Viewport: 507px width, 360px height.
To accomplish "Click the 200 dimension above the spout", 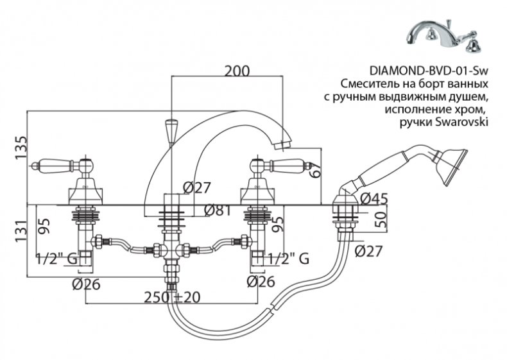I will (237, 71).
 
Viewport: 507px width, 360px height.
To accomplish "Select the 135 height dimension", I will (21, 148).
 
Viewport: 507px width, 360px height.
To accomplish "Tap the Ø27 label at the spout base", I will (196, 187).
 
